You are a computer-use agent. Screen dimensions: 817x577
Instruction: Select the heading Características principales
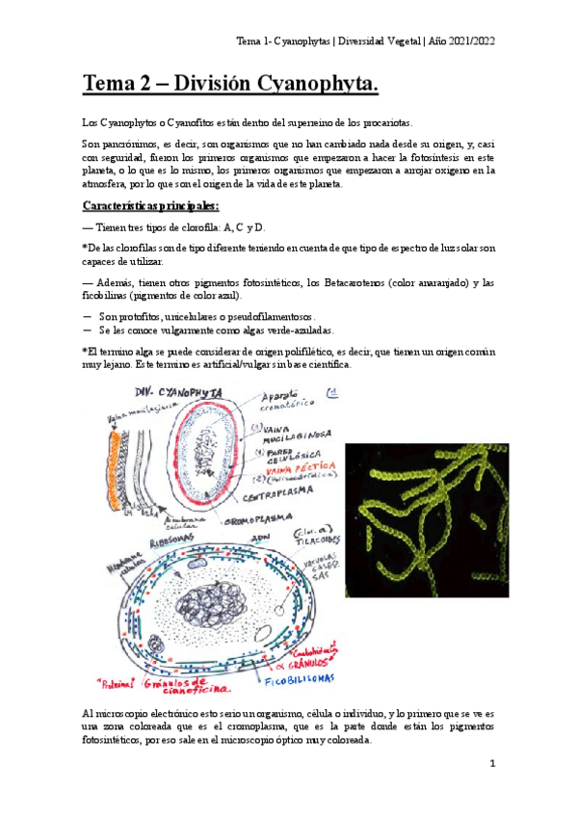150,206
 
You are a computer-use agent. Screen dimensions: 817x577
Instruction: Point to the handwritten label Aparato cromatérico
294,402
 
